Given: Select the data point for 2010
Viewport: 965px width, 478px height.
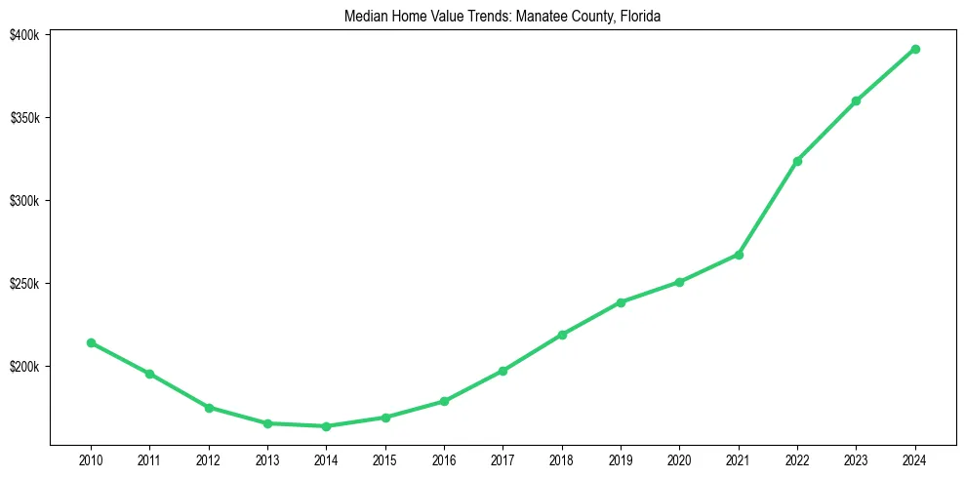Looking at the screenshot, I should [91, 342].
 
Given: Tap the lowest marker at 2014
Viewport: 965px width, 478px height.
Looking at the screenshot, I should [326, 426].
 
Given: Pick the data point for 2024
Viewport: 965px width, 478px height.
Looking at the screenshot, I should [915, 49].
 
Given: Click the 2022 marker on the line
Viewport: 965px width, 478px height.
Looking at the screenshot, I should [797, 161].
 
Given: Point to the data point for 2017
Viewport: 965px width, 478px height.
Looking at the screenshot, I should [503, 371].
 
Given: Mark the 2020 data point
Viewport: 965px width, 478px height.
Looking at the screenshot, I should [679, 282].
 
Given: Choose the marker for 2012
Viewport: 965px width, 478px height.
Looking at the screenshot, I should [209, 408].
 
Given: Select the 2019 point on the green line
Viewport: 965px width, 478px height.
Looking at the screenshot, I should [621, 302].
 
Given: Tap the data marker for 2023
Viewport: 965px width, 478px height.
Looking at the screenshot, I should [856, 100].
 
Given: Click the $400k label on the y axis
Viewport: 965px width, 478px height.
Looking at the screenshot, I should [24, 35].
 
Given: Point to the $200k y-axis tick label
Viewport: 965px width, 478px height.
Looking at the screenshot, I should [24, 367].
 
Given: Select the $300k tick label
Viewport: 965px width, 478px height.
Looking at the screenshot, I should [24, 201].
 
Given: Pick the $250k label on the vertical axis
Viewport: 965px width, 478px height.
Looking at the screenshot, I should [24, 284].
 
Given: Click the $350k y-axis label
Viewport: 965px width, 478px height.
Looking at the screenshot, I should [24, 118].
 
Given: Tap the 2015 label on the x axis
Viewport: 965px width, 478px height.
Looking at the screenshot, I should [385, 458].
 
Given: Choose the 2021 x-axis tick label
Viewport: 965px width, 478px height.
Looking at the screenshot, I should [739, 458].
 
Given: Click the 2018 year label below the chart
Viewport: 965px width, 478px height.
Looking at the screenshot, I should [562, 458].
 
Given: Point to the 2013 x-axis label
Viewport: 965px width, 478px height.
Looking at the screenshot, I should [267, 458].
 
